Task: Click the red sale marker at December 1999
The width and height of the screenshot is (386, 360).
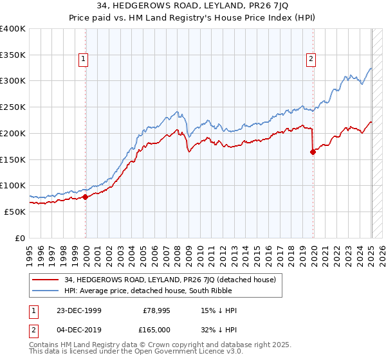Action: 86,197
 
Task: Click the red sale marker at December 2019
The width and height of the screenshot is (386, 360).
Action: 313,152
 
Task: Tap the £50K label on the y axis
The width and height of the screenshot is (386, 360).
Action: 15,212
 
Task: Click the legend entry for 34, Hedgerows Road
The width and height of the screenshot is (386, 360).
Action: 170,280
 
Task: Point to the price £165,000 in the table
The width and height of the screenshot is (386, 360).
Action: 157,330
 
